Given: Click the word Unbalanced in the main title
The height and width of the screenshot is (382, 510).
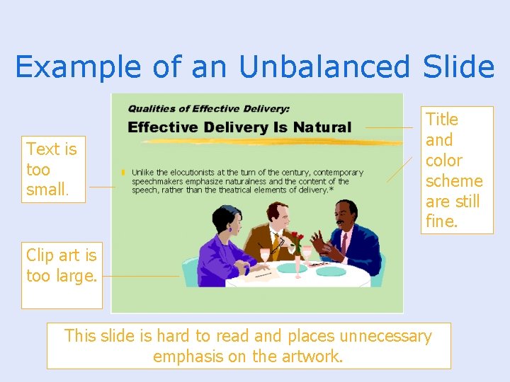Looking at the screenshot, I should (325, 67).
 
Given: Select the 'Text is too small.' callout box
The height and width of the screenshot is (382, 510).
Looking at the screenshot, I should (52, 170).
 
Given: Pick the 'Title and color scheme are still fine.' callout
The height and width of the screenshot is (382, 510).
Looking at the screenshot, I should (453, 170).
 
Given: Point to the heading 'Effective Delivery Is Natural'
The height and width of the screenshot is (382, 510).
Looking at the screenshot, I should (239, 127).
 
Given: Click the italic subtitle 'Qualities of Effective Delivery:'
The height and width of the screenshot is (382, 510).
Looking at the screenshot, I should (208, 109).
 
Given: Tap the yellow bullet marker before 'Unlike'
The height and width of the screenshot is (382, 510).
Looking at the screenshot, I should (123, 173).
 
